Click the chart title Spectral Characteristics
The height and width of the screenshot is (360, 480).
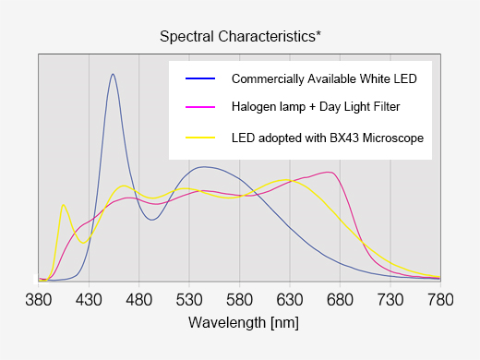(240, 37)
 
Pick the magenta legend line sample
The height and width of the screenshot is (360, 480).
(200, 107)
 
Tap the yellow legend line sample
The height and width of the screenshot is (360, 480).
(200, 138)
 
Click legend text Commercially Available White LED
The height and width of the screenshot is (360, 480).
(324, 79)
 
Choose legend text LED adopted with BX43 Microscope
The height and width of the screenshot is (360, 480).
(328, 138)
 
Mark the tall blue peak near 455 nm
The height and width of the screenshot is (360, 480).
(113, 75)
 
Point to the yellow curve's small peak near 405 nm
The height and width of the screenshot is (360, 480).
(63, 205)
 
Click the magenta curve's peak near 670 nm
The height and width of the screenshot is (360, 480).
(329, 173)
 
